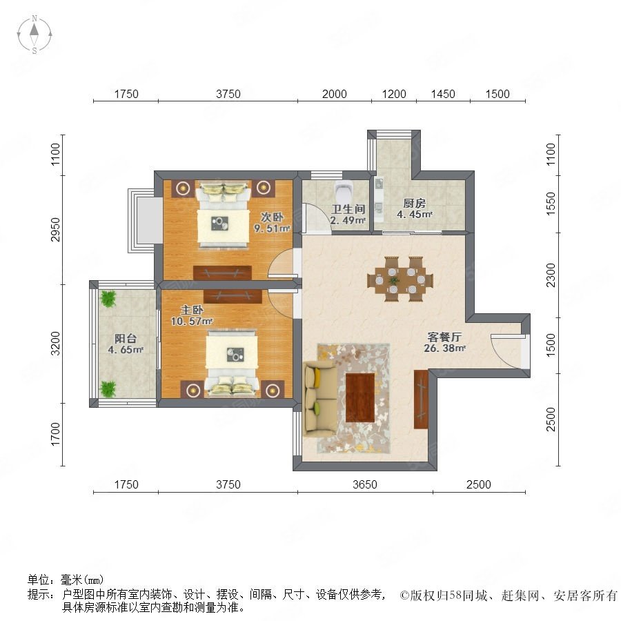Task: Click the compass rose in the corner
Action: pos(34,34)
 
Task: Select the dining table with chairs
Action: pos(400,279)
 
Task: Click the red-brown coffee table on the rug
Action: pos(360,397)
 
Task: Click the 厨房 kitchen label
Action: pos(414,203)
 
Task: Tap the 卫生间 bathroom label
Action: pos(348,209)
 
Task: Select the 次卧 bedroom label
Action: pos(272,217)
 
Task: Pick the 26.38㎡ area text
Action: pos(444,348)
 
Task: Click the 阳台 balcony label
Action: pos(126,338)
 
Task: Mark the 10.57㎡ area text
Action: pos(192,321)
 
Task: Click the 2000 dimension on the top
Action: pos(334,94)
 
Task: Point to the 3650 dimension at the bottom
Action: pos(365,484)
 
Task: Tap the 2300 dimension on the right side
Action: pos(551,275)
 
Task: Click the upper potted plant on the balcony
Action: pos(108,299)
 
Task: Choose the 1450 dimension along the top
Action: pos(443,94)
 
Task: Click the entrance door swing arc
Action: pos(500,355)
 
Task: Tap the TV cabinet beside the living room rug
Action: pos(421,400)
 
